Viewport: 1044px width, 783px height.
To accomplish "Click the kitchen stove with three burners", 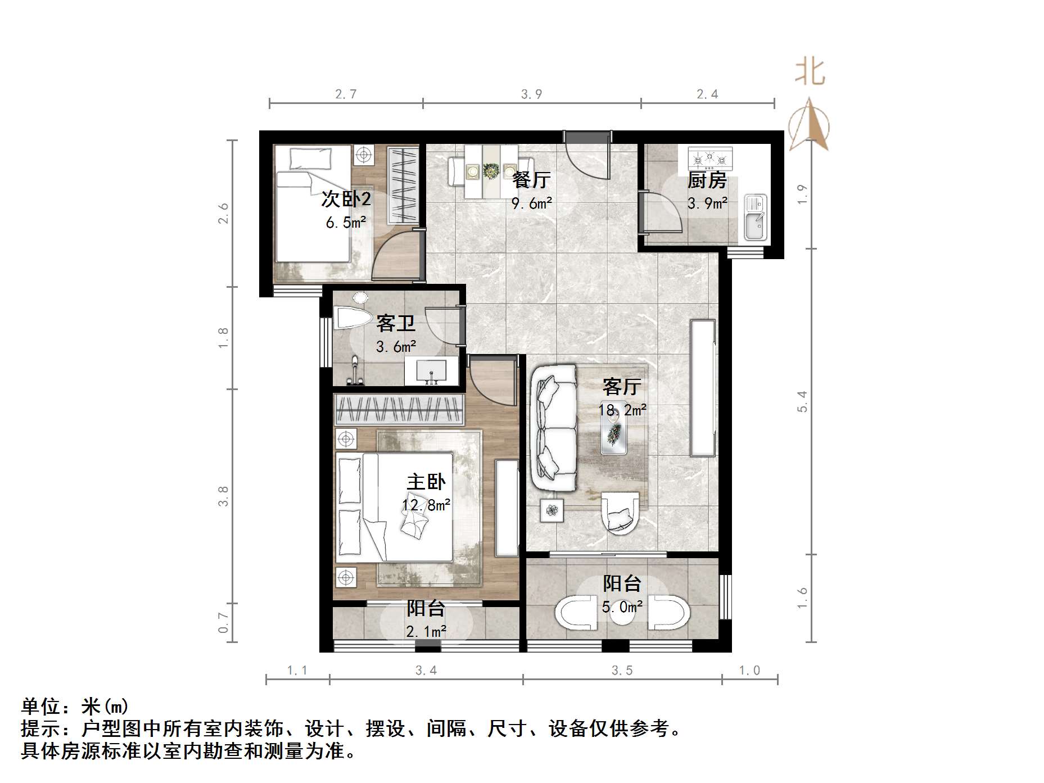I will pyautogui.click(x=710, y=159).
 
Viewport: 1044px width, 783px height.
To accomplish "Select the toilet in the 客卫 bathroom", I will pyautogui.click(x=351, y=318).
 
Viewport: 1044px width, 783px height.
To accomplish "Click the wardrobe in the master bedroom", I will pyautogui.click(x=399, y=409).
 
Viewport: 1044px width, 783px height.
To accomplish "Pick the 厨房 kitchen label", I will pyautogui.click(x=707, y=180).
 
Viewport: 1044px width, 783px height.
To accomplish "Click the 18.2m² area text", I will pyautogui.click(x=622, y=410).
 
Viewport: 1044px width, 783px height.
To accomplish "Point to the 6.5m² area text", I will pyautogui.click(x=346, y=223).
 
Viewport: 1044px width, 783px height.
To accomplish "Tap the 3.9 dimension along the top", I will pyautogui.click(x=531, y=94).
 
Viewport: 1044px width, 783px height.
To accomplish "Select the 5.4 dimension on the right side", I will pyautogui.click(x=802, y=401).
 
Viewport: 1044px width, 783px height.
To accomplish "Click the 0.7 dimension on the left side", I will pyautogui.click(x=223, y=622).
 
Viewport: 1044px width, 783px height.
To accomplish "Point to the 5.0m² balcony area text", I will pyautogui.click(x=622, y=607).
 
